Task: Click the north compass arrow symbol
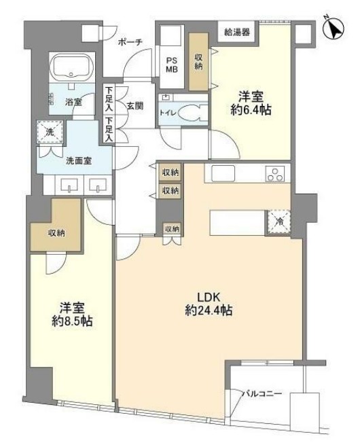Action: [x=334, y=28]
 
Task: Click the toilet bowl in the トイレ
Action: [x=193, y=113]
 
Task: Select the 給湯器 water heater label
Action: [x=237, y=32]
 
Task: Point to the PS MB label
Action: [x=172, y=65]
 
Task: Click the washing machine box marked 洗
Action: [x=50, y=132]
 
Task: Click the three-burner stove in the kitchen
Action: [x=274, y=174]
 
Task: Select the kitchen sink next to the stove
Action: [x=223, y=173]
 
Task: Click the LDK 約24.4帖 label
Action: [x=209, y=304]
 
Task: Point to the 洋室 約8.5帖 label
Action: [x=72, y=315]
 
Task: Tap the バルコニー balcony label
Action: [x=262, y=394]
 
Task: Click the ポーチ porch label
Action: [x=130, y=42]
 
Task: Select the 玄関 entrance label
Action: [x=134, y=106]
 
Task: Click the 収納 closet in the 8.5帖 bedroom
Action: [x=56, y=233]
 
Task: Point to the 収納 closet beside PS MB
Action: [x=198, y=62]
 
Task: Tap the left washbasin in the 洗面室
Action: [x=69, y=185]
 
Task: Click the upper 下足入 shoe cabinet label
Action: [x=109, y=99]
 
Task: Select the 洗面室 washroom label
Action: [x=79, y=161]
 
